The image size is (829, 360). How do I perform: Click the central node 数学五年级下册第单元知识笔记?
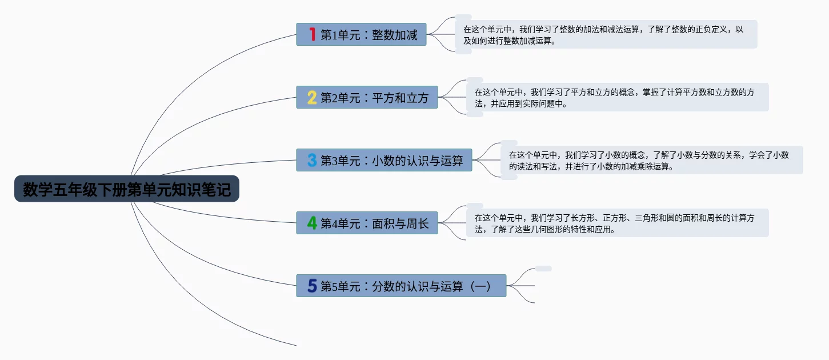click(127, 189)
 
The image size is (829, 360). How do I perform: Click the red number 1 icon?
click(312, 34)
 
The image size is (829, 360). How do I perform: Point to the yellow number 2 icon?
click(312, 98)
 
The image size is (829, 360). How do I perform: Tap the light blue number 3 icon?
click(312, 160)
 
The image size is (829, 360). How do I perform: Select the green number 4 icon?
click(312, 223)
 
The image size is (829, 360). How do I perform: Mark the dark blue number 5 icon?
click(312, 286)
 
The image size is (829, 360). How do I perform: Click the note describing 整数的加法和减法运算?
click(606, 34)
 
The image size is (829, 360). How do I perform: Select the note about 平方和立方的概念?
click(617, 97)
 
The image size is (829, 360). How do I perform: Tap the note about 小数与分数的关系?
click(651, 160)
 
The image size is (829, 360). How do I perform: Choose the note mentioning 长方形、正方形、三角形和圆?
click(617, 223)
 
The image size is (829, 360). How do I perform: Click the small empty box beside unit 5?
click(543, 269)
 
